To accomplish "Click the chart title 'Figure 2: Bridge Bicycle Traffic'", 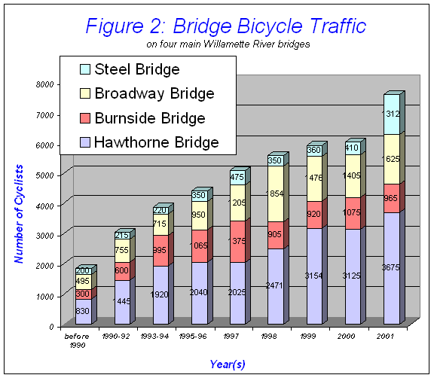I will click(225, 26).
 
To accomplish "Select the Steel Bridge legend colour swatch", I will click(84, 70).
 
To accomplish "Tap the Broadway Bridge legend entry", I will click(159, 94).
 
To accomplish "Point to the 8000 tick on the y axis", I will click(47, 84).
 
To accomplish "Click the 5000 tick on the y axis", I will click(47, 175).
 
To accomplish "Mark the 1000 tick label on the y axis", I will click(47, 296).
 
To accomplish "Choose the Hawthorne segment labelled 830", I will click(83, 311).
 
